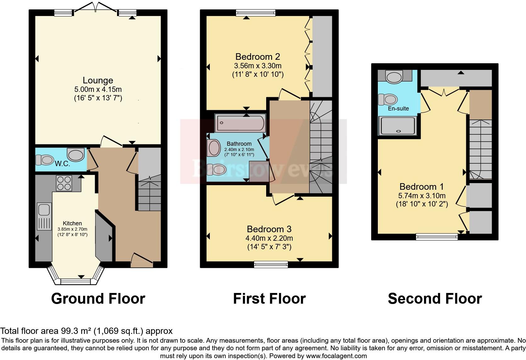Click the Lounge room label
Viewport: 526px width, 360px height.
point(98,80)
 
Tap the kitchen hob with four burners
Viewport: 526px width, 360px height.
point(64,183)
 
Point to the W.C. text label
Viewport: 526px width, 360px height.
point(62,164)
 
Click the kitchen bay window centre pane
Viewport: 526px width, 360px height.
point(76,281)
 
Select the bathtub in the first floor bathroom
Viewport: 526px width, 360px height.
point(240,123)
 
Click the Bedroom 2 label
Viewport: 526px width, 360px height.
point(258,57)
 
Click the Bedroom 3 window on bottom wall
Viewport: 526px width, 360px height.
point(271,264)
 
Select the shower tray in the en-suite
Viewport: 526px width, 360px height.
point(398,126)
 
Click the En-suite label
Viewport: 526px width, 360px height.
point(398,109)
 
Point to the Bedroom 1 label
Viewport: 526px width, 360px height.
point(422,187)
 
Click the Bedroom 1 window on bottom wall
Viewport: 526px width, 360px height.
point(437,237)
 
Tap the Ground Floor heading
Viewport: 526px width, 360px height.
point(98,299)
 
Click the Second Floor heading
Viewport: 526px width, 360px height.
point(435,299)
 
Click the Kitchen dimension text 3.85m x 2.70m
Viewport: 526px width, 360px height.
point(72,229)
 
